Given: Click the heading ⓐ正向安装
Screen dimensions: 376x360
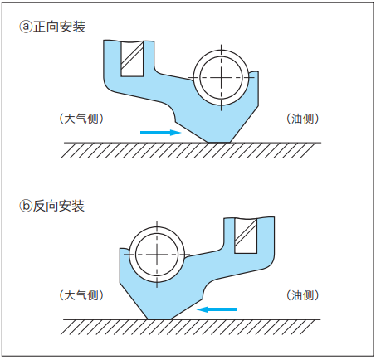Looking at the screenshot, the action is pos(52,27).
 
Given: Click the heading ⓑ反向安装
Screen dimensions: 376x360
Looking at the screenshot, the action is pos(52,206).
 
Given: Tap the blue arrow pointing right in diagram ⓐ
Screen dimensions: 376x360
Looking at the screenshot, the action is pos(161,133).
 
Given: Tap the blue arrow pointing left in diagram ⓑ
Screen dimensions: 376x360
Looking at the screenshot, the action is pos(217,309).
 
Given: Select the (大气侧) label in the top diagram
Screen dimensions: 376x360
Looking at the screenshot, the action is pos(81,119).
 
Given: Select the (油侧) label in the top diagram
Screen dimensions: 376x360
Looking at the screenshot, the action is pos(302,119).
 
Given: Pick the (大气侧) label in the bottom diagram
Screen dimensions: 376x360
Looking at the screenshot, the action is pos(81,295).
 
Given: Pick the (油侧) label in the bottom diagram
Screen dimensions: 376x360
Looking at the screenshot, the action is pos(302,295).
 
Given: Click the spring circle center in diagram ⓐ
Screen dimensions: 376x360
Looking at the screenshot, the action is pos(221,77).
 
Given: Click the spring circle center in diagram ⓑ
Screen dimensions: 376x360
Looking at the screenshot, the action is pos(157,255).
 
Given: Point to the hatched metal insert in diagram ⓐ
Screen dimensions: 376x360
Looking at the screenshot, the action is pos(132,59).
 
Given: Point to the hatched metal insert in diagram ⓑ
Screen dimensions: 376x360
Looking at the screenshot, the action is pos(246,236).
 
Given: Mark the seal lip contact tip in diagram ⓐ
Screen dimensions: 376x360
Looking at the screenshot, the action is pos(219,142).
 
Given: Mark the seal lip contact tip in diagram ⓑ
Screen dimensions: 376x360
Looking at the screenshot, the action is pos(159,319).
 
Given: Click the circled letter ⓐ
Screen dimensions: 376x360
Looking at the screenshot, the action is pos(26,27).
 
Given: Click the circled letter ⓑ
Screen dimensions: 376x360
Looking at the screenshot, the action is pos(26,206).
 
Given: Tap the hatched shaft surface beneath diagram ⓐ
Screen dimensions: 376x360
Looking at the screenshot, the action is pos(191,150).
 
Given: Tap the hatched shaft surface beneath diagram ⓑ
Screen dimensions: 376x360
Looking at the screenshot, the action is pos(190,327).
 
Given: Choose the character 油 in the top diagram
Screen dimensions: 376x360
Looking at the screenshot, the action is pos(296,119).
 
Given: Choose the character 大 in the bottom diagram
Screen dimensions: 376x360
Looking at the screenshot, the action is pos(70,295).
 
